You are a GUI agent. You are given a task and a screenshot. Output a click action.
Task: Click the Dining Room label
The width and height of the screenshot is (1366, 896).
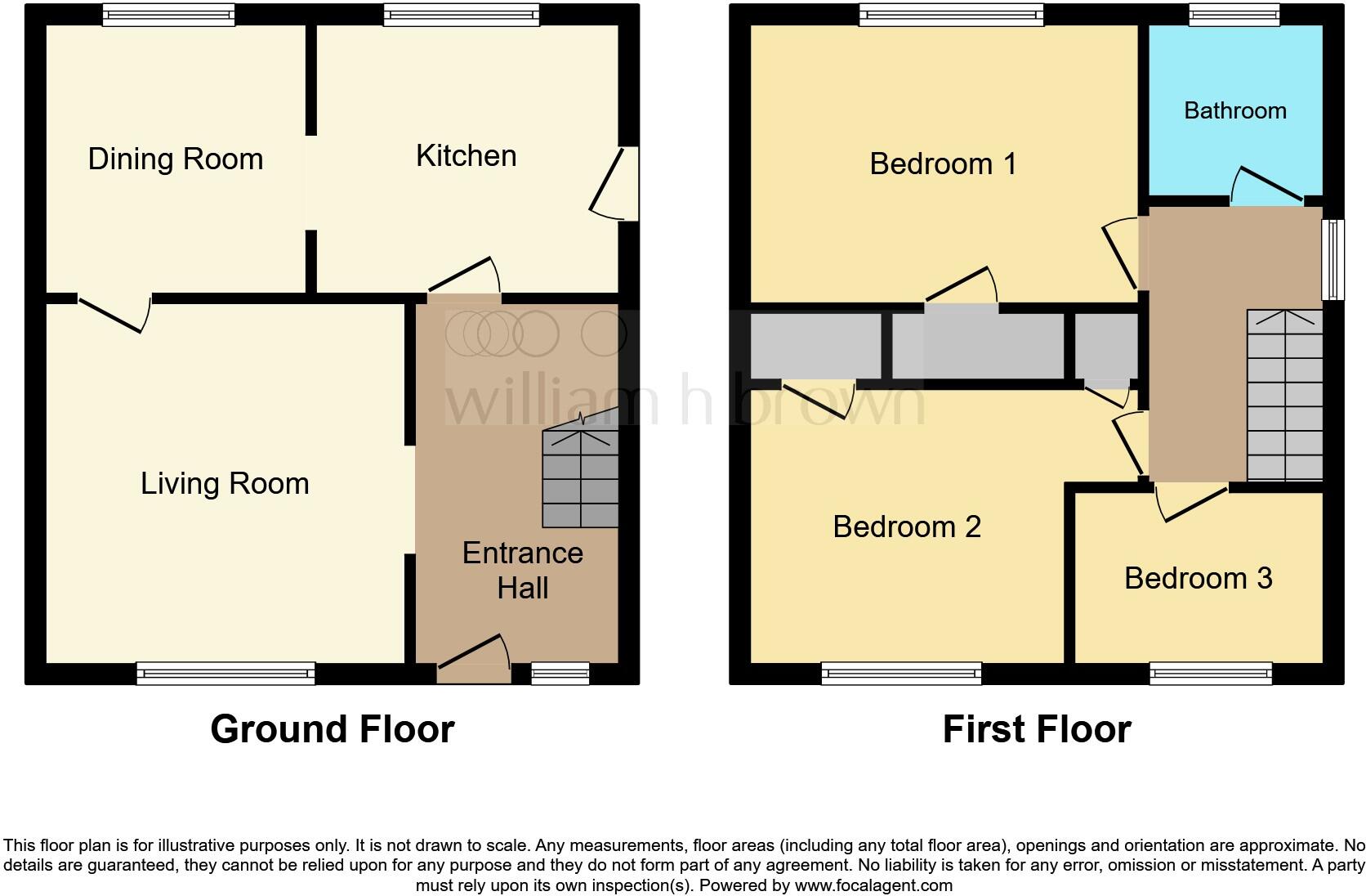pyautogui.click(x=176, y=159)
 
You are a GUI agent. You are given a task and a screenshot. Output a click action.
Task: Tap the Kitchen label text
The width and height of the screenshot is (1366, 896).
pyautogui.click(x=466, y=155)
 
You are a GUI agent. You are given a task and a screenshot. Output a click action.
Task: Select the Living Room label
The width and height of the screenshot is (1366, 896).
pyautogui.click(x=225, y=483)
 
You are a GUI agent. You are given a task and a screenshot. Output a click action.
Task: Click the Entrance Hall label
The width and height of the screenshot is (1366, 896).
pyautogui.click(x=523, y=570)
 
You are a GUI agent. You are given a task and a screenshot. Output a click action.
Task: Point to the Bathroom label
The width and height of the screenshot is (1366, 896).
pyautogui.click(x=1234, y=110)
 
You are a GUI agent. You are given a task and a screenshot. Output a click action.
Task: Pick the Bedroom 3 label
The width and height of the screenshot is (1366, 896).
pyautogui.click(x=1198, y=578)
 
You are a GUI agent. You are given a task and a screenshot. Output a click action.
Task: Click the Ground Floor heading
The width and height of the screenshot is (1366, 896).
pyautogui.click(x=332, y=728)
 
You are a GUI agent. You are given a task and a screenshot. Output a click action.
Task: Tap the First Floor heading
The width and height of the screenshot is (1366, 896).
pyautogui.click(x=1036, y=728)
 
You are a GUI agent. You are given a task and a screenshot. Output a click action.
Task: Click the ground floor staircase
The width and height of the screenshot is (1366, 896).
pyautogui.click(x=580, y=477)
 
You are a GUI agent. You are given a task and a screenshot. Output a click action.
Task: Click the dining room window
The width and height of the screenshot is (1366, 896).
pyautogui.click(x=169, y=15)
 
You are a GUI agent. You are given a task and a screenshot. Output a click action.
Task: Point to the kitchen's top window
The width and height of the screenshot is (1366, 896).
pyautogui.click(x=462, y=15)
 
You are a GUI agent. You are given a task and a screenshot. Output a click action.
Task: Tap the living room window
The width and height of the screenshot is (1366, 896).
pyautogui.click(x=225, y=674)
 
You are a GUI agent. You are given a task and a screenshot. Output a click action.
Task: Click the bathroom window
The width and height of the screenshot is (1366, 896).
pyautogui.click(x=1234, y=15)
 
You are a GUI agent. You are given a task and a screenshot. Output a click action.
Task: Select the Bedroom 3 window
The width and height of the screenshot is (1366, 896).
pyautogui.click(x=1211, y=674)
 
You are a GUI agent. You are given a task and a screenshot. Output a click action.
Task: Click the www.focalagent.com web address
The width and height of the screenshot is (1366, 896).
pyautogui.click(x=873, y=885)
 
